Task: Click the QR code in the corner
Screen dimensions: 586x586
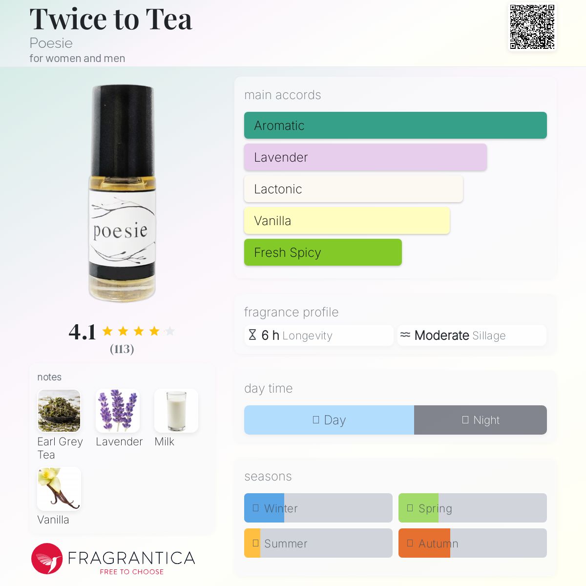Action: pos(532,27)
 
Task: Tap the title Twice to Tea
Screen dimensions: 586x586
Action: pos(111,20)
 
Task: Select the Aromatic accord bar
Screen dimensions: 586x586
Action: pos(395,126)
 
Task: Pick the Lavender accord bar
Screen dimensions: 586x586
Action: pos(365,157)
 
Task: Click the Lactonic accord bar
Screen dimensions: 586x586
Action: pos(353,189)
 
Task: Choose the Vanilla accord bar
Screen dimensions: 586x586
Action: pos(347,221)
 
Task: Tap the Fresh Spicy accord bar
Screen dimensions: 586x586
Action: pos(323,252)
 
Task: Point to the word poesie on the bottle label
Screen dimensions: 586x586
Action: pos(120,230)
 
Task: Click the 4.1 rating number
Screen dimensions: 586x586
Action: pos(82,332)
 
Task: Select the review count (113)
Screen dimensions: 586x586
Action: pos(122,349)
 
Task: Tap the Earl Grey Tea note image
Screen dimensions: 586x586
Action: pos(59,411)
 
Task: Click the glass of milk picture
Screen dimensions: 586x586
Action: pos(176,411)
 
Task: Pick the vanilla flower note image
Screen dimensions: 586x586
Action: pos(59,489)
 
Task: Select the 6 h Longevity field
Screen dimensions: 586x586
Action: pos(319,335)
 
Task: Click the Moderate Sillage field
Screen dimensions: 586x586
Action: pos(471,335)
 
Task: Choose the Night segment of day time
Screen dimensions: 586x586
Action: pos(481,420)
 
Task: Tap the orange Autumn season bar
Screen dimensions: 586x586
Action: pos(424,543)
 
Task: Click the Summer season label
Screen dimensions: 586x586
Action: pos(286,544)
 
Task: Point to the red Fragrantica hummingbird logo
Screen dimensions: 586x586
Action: pos(47,559)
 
